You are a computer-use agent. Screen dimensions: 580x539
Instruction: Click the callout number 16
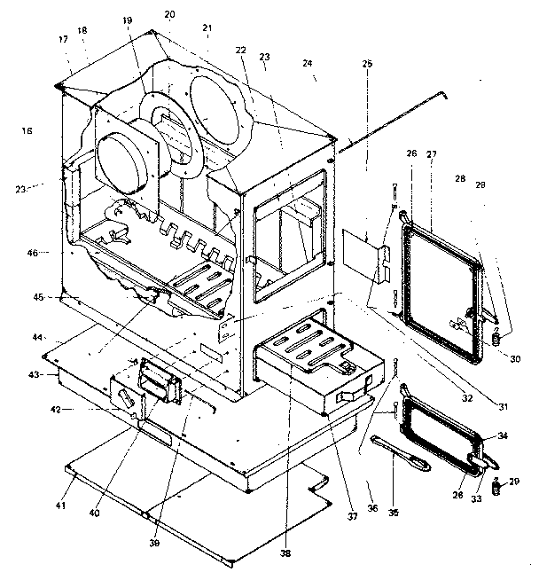click(27, 131)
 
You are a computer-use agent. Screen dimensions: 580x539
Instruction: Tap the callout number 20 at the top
click(169, 15)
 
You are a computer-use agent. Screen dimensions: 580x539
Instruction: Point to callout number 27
click(432, 154)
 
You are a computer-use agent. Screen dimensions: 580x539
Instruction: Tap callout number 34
click(503, 435)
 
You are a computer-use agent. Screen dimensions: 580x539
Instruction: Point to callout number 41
click(62, 506)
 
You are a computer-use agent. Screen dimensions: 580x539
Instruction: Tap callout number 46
click(32, 253)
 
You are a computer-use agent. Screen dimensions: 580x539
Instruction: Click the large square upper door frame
click(441, 293)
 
